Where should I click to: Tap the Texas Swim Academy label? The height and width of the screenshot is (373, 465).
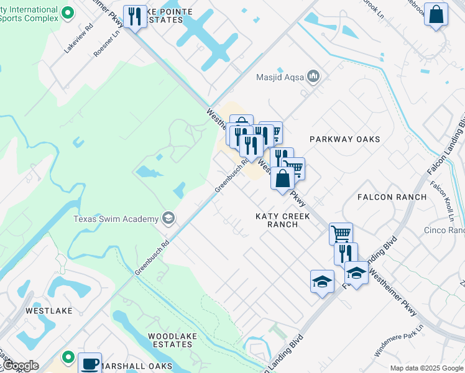click(116, 218)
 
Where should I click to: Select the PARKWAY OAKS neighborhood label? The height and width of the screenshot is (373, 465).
click(344, 139)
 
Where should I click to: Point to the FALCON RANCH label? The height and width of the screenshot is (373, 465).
click(392, 197)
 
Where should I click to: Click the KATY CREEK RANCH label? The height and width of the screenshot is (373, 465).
click(282, 220)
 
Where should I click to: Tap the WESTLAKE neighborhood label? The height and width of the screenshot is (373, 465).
click(49, 310)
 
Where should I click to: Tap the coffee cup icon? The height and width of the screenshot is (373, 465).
click(90, 362)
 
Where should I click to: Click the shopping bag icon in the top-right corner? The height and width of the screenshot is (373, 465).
click(436, 14)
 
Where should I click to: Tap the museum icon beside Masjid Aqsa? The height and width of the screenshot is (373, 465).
click(313, 77)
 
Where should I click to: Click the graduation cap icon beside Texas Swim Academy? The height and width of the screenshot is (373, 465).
click(167, 218)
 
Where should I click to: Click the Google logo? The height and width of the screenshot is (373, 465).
click(21, 366)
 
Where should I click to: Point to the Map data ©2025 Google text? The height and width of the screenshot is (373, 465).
click(426, 368)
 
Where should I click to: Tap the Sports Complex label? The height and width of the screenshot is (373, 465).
click(30, 18)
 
